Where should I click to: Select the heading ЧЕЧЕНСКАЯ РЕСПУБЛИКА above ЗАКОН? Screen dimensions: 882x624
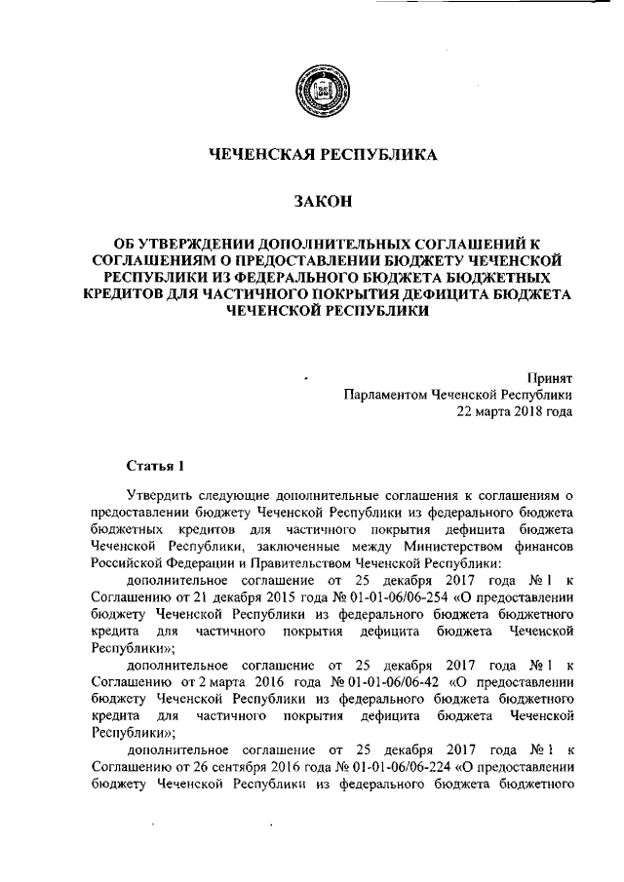[323, 154]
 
